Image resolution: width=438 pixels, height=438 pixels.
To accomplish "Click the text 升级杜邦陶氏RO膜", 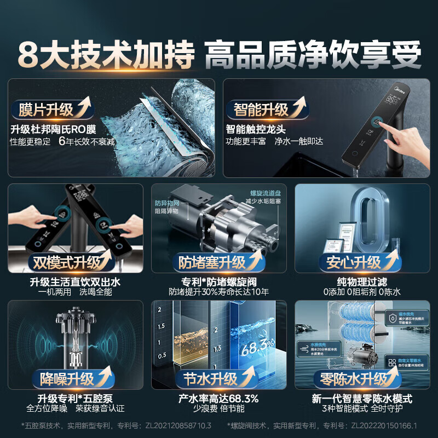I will [x=53, y=130].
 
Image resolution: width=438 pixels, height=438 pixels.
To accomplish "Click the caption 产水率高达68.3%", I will [x=218, y=399].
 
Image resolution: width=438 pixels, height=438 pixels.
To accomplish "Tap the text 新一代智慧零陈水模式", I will [x=361, y=399].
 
